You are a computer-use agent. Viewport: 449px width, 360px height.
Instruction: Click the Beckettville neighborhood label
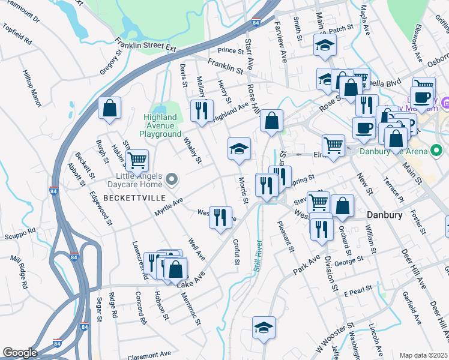coord(130,197)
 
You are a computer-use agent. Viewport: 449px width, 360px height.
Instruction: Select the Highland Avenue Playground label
coord(160,126)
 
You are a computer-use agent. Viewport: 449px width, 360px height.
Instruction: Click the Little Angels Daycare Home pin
coord(172,179)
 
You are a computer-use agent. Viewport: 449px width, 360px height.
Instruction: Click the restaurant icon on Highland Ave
coord(201,110)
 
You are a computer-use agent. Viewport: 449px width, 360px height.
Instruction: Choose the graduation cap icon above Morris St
coord(238,148)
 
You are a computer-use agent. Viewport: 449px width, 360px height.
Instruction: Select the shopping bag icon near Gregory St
coord(110,109)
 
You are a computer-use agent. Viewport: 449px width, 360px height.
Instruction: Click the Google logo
coord(20,352)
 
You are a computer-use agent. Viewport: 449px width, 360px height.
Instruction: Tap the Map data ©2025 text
coord(423,355)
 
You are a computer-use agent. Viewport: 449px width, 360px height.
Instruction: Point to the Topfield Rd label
coord(17,34)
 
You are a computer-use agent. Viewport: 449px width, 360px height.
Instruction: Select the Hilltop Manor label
coord(32,87)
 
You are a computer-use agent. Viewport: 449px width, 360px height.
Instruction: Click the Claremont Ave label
coord(148,354)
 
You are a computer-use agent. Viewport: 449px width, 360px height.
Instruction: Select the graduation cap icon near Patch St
coord(325,45)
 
